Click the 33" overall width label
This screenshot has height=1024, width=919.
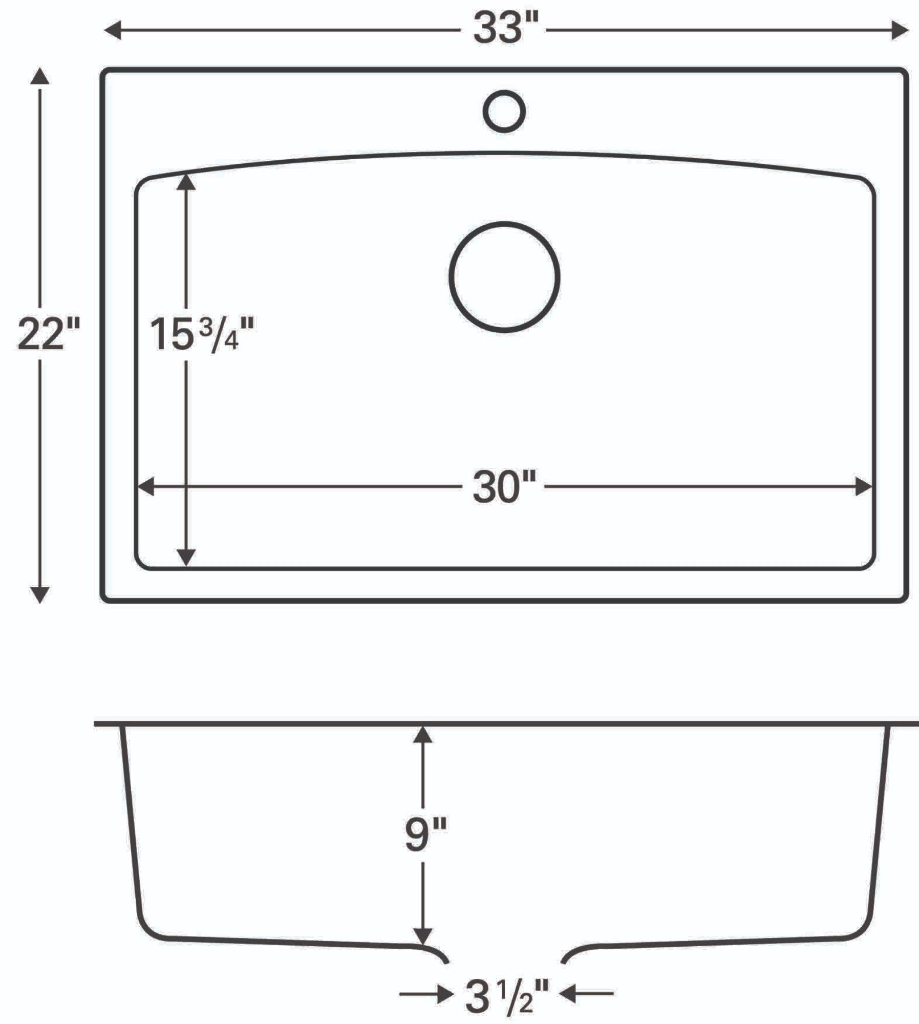504,29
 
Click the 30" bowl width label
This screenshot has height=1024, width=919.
504,487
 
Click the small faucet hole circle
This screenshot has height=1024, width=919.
504,112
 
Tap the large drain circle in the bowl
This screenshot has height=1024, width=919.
504,277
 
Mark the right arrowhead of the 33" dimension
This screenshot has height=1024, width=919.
900,30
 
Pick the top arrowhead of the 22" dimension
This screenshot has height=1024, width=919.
40,75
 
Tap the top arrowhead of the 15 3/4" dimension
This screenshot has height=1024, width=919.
186,182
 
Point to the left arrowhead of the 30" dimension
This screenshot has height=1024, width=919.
146,487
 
